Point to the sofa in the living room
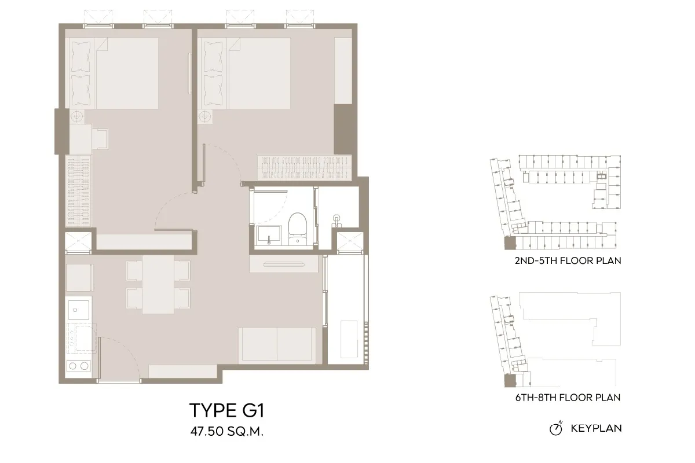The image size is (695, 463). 277,345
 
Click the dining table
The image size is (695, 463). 158,284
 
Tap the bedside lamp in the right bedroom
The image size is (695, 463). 204,116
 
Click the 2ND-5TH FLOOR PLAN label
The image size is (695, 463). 568,260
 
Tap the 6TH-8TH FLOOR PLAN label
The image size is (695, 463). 568,398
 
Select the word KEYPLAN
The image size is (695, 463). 596,428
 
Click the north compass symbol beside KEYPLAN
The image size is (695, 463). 556,428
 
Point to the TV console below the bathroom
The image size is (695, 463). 284,264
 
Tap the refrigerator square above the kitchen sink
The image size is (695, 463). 79,278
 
